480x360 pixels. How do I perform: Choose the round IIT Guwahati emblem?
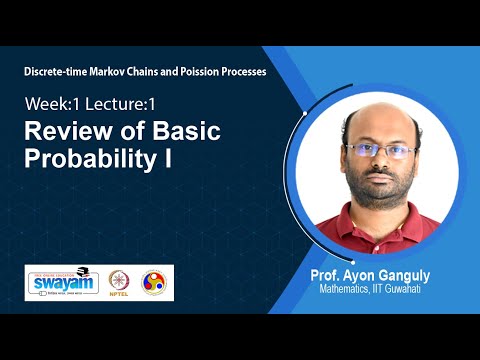155,282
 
